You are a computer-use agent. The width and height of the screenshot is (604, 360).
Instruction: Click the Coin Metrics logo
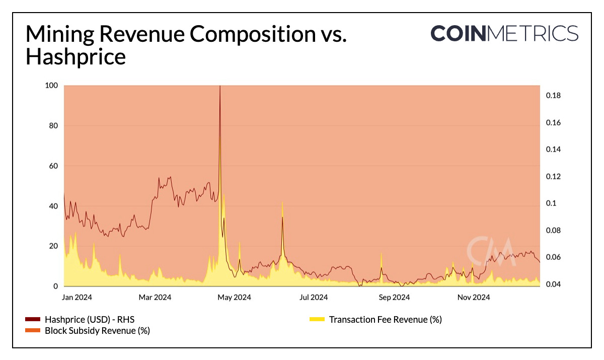click(504, 33)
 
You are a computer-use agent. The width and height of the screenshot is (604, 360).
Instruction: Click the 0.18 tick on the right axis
click(553, 96)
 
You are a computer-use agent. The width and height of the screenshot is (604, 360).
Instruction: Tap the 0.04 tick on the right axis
click(553, 284)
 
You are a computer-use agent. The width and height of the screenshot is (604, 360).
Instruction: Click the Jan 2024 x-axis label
click(76, 298)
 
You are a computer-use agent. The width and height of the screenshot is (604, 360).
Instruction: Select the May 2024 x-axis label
click(235, 298)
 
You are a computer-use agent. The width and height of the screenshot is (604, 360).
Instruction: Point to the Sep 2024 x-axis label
click(394, 298)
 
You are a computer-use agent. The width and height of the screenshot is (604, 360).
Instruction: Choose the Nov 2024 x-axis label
click(473, 298)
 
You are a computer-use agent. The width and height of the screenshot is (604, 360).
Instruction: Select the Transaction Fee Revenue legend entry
click(385, 320)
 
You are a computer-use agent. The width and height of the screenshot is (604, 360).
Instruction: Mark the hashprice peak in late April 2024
click(220, 87)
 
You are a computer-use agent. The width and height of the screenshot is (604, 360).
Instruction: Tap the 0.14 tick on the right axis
click(553, 150)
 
